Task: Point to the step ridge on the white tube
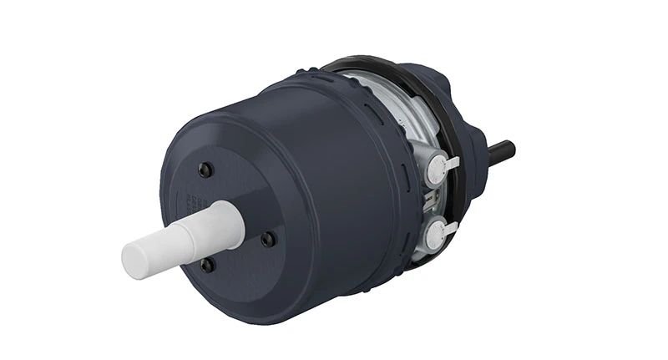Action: click(194, 235)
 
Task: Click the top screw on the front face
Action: click(205, 170)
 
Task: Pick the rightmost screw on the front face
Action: click(267, 239)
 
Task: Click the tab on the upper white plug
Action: click(452, 162)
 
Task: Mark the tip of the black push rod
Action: click(511, 150)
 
